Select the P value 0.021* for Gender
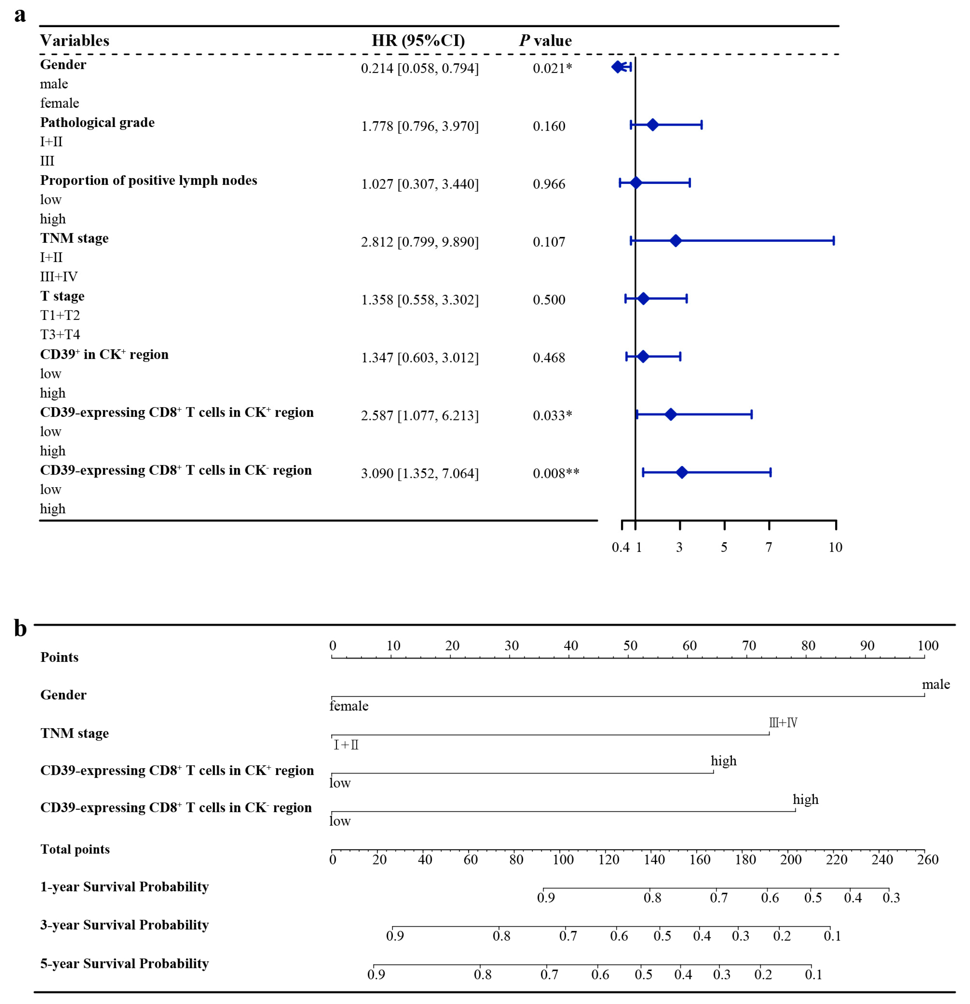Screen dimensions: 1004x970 point(552,68)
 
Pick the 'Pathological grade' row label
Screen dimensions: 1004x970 point(97,122)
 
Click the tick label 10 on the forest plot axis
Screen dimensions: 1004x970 point(835,547)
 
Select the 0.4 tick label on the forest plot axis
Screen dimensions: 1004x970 point(620,547)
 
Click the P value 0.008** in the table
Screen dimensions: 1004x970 point(556,473)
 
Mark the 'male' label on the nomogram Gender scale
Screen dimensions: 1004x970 point(935,684)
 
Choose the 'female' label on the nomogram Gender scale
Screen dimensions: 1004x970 point(349,706)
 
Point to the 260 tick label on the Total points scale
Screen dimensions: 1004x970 point(927,859)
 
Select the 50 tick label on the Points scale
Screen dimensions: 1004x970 point(630,646)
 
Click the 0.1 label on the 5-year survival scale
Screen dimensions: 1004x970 point(813,974)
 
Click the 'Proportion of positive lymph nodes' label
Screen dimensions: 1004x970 point(149,180)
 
